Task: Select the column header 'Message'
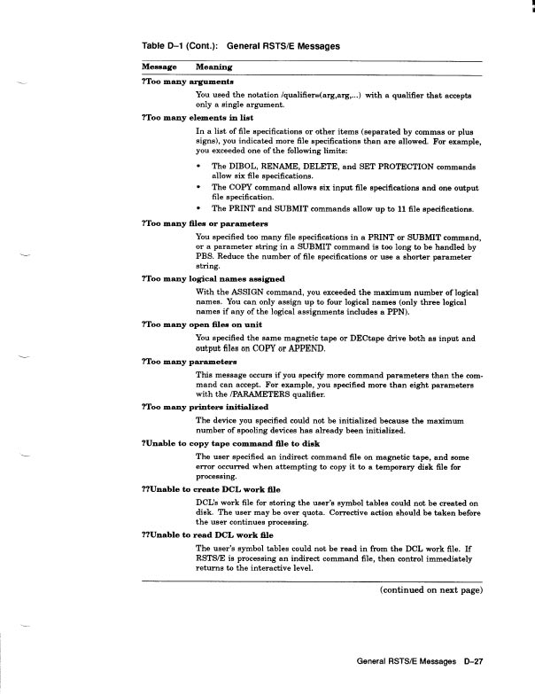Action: pyautogui.click(x=159, y=66)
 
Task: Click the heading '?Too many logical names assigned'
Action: pyautogui.click(x=206, y=278)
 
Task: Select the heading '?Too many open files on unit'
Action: pyautogui.click(x=196, y=326)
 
